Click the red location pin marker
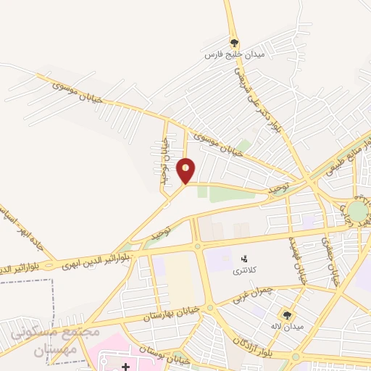tap(186, 170)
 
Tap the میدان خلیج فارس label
tap(233, 55)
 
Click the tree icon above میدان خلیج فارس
tap(233, 42)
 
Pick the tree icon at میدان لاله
tap(287, 315)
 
